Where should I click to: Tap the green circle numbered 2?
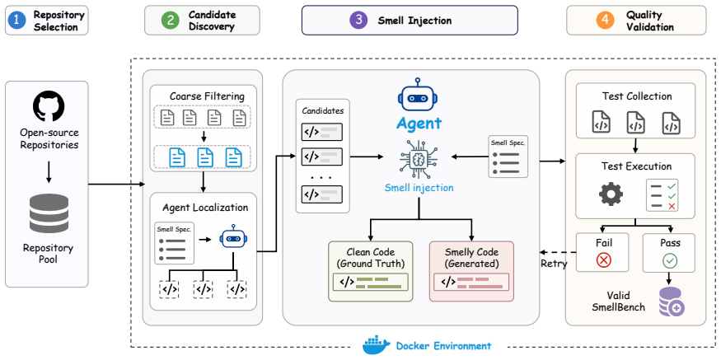click(x=169, y=21)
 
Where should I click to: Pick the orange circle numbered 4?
click(x=604, y=21)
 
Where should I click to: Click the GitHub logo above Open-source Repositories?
click(x=49, y=106)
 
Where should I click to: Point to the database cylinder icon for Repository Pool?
click(x=49, y=213)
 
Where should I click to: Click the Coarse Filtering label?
click(x=207, y=96)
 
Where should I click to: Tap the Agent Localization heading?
click(x=205, y=208)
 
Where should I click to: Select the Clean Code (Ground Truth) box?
click(x=371, y=271)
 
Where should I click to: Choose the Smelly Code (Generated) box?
click(x=472, y=271)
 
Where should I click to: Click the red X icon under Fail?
click(x=604, y=260)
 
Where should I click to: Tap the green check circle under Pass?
click(x=669, y=260)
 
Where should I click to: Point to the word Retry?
click(x=554, y=264)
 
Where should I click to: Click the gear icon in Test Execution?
click(x=611, y=194)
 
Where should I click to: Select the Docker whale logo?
click(x=377, y=346)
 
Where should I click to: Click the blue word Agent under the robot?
click(x=419, y=124)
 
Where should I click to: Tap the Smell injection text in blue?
click(x=419, y=188)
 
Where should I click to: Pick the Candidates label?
click(x=323, y=111)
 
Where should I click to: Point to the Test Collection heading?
click(x=636, y=96)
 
